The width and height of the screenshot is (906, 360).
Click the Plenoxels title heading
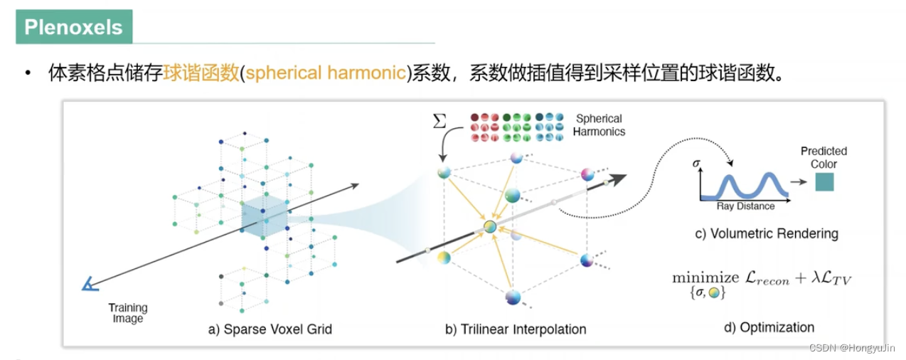pos(73,27)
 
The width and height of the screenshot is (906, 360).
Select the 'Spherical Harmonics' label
pos(599,125)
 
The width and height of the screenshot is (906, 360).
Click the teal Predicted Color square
pos(824,182)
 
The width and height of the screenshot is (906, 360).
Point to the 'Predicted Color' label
pos(824,157)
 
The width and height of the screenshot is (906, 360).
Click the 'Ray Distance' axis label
pos(745,206)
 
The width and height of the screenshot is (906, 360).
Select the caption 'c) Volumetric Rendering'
pos(766,233)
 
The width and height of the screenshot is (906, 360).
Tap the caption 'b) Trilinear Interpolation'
pos(516,329)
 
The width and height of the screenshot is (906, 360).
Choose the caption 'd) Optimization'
pos(769,327)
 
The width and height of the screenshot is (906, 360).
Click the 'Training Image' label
pos(128,313)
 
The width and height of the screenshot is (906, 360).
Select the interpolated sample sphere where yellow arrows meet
pos(490,226)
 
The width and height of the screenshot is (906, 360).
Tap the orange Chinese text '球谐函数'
pos(201,73)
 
